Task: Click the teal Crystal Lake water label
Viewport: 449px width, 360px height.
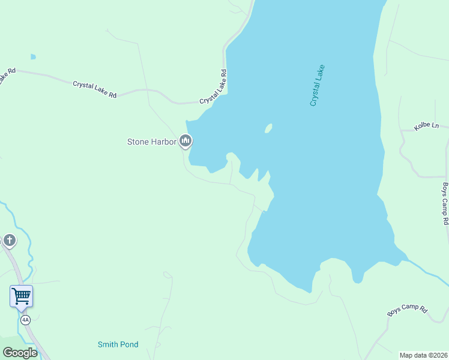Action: pyautogui.click(x=317, y=85)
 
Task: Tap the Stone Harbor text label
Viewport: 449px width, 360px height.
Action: pyautogui.click(x=151, y=142)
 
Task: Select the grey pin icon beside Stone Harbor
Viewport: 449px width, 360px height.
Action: pyautogui.click(x=185, y=142)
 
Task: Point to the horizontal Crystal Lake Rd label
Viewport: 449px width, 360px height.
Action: pyautogui.click(x=95, y=89)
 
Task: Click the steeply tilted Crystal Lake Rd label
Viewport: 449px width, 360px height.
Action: pyautogui.click(x=214, y=87)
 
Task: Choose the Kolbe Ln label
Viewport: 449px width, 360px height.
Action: pyautogui.click(x=427, y=127)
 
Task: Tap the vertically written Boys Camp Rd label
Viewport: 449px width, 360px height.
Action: pyautogui.click(x=445, y=203)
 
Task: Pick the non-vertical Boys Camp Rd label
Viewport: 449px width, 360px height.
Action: pyautogui.click(x=407, y=311)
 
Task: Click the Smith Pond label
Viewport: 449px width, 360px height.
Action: pyautogui.click(x=118, y=344)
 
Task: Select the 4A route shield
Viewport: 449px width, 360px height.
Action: pyautogui.click(x=25, y=320)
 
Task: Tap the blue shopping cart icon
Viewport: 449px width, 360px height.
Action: pyautogui.click(x=21, y=295)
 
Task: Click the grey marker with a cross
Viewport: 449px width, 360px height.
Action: pyautogui.click(x=9, y=241)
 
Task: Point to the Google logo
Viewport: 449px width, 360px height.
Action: pyautogui.click(x=20, y=352)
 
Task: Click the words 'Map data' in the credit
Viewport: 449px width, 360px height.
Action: pyautogui.click(x=413, y=355)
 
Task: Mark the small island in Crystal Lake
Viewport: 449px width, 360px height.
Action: pyautogui.click(x=268, y=128)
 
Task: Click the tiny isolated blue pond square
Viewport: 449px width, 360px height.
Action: pyautogui.click(x=33, y=57)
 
